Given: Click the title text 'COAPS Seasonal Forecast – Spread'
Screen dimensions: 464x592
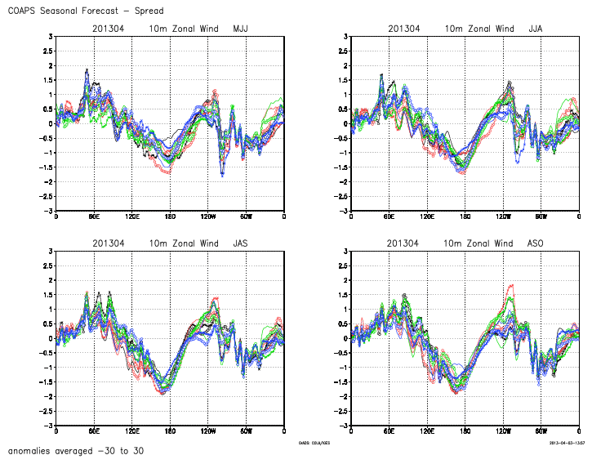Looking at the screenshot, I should (x=85, y=11).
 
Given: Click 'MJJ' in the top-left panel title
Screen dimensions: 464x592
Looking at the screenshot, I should (x=240, y=29).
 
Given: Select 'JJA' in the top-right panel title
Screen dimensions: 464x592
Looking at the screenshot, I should (x=536, y=29).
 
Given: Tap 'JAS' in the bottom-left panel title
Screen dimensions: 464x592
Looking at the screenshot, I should (x=240, y=243).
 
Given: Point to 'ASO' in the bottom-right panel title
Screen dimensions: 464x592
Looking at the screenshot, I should (x=536, y=243).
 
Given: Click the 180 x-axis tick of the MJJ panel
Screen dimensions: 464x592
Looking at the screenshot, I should (x=170, y=217).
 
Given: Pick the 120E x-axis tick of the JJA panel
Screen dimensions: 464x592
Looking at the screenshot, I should (x=427, y=217).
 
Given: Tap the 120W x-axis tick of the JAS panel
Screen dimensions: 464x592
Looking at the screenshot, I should (x=207, y=431).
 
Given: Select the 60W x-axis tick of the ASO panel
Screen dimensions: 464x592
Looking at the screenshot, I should (x=541, y=431).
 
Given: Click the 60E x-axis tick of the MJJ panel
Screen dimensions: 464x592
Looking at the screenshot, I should (x=94, y=217).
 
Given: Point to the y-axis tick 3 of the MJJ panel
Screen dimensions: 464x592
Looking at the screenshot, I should (x=50, y=37).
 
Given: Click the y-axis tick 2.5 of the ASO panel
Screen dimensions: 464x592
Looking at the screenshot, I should (x=341, y=265).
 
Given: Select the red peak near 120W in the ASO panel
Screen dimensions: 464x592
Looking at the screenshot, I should (x=512, y=286).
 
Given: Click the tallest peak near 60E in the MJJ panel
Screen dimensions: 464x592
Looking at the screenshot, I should (x=87, y=70).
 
